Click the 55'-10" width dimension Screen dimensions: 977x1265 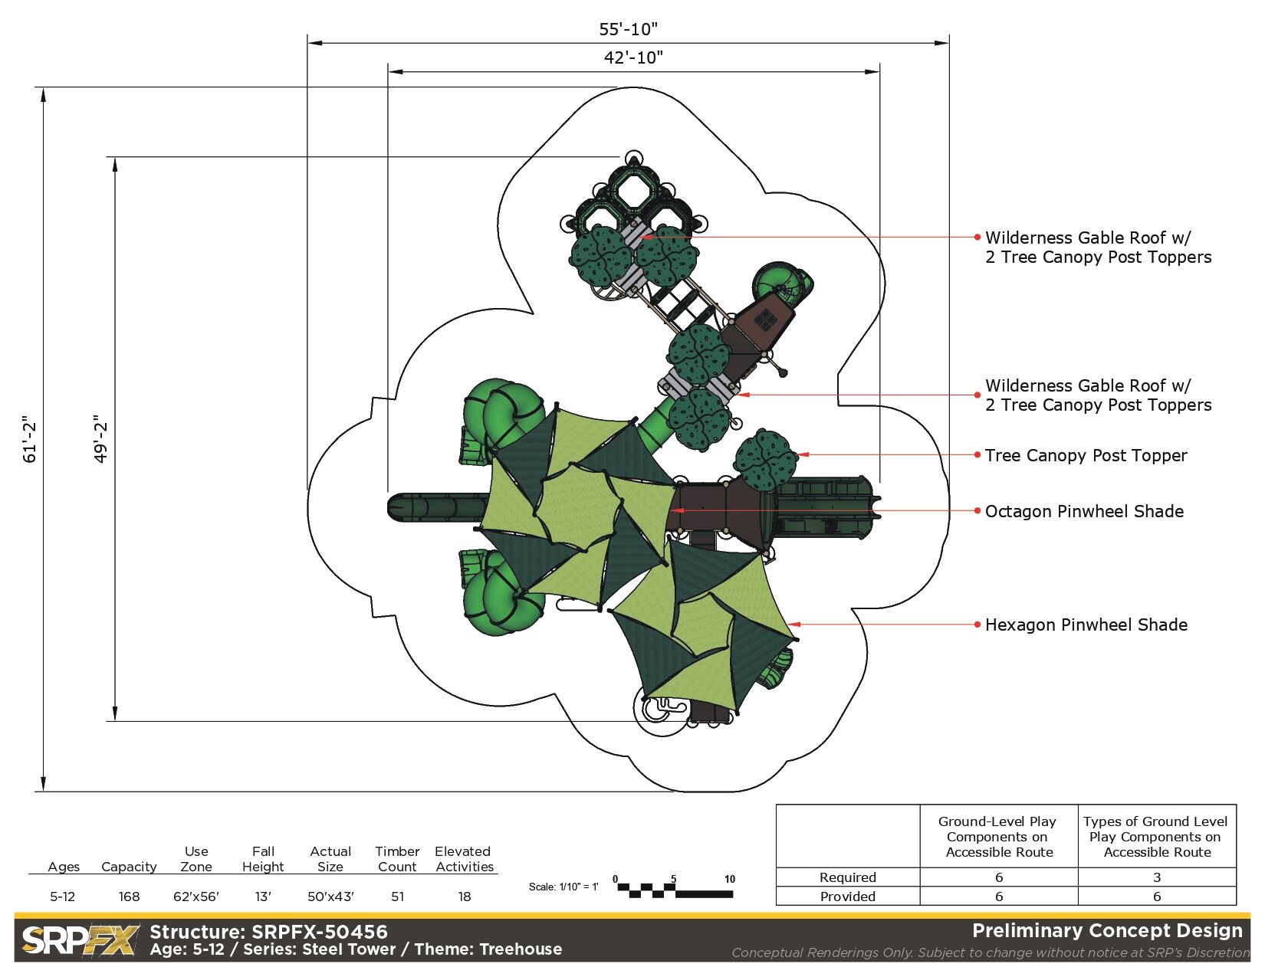(628, 29)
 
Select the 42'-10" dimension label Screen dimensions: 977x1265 (633, 57)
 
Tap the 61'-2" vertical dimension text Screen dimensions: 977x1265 (30, 440)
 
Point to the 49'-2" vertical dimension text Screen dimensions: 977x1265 (100, 439)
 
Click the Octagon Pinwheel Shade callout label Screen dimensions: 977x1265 (1084, 511)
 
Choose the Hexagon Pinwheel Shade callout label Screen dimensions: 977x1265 (1086, 625)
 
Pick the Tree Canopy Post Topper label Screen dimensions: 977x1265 (1086, 455)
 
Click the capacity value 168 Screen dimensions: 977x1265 (129, 897)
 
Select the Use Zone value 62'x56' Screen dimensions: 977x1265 (196, 897)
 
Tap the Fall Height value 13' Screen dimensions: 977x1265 (263, 897)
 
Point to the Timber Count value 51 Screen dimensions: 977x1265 (397, 897)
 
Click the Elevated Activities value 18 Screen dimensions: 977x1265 (465, 897)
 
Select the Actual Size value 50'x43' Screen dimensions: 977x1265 (330, 897)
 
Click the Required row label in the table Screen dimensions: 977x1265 (847, 877)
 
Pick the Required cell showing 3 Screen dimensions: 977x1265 (1157, 877)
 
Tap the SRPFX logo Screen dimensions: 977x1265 (80, 940)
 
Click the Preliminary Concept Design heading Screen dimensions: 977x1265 (1107, 930)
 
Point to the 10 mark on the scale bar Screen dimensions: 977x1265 (730, 879)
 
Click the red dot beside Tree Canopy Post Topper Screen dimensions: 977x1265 (978, 455)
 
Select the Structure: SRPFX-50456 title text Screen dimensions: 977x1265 (269, 932)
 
